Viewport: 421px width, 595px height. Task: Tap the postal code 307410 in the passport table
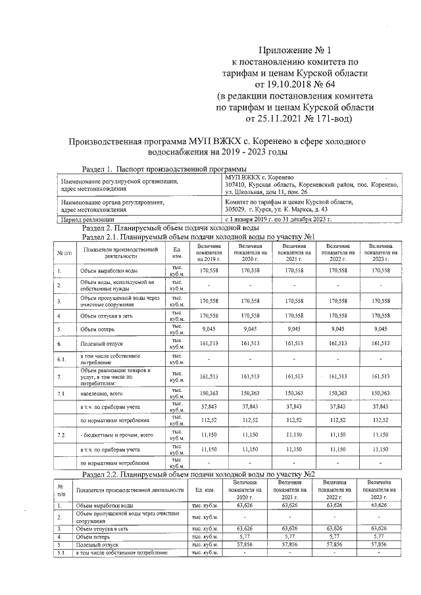(235, 185)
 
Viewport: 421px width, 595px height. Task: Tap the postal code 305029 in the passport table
(235, 209)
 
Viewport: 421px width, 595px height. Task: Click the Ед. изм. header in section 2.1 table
(177, 251)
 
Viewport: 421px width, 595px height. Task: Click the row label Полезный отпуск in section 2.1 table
(100, 343)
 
